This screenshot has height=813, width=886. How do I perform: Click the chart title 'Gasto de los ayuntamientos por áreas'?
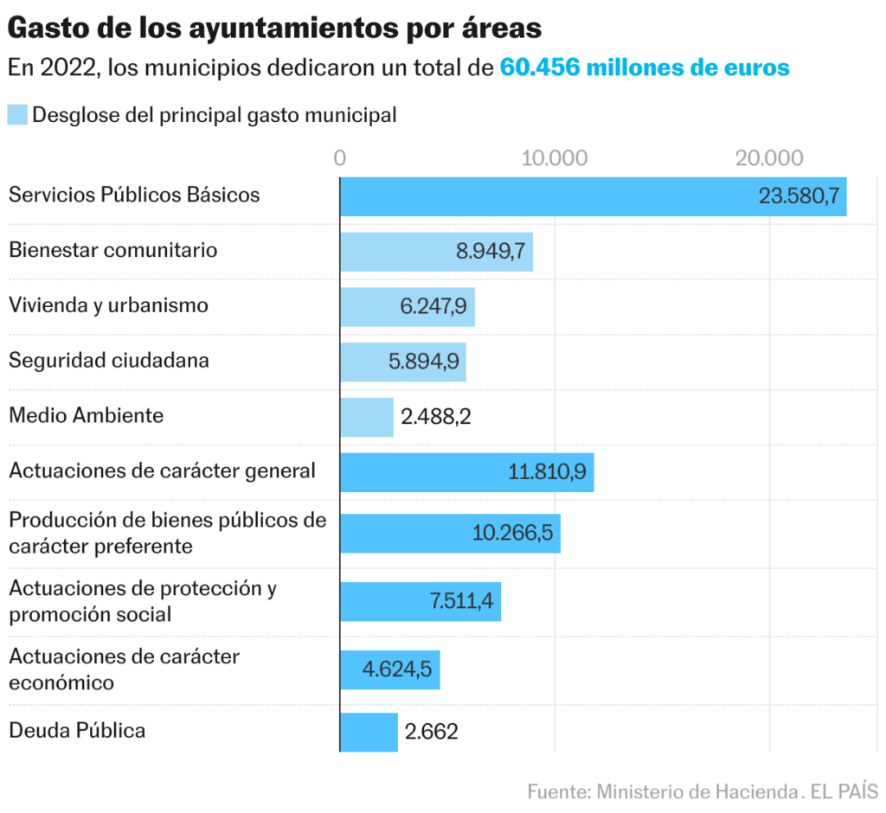click(x=274, y=28)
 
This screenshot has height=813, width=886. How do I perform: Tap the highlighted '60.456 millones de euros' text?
click(x=645, y=67)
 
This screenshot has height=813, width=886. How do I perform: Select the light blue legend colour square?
click(x=17, y=115)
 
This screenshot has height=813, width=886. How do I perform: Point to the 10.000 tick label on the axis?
click(x=555, y=158)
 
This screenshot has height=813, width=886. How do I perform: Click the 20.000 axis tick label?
click(x=769, y=158)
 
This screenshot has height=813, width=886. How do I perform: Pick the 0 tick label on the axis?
click(x=340, y=158)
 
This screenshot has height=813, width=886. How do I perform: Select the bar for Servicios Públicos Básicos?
click(x=545, y=196)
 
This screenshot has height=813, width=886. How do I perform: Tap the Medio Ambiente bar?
click(x=366, y=417)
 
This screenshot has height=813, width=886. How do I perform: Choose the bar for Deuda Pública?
click(x=369, y=732)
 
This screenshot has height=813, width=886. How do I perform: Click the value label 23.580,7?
click(x=799, y=196)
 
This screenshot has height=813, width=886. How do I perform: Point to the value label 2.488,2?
click(x=436, y=417)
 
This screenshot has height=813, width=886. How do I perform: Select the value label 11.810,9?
click(x=548, y=472)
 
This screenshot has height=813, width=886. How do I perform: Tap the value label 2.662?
click(x=431, y=732)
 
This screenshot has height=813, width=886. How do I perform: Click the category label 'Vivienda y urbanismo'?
click(x=108, y=305)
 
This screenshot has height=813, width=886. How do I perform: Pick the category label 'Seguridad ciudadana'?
click(x=109, y=361)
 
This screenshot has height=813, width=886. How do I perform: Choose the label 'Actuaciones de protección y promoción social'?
click(x=142, y=601)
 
